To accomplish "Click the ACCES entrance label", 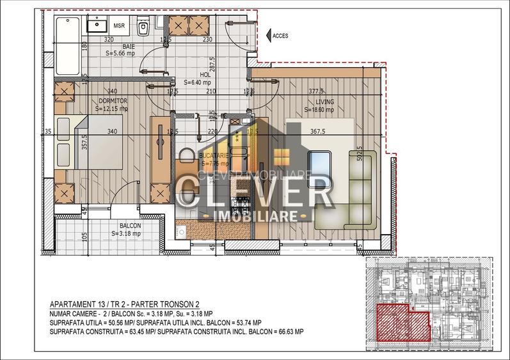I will [x=281, y=36].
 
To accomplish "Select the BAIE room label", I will [x=129, y=47].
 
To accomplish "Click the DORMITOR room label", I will [x=110, y=101].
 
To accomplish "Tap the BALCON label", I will [x=130, y=226].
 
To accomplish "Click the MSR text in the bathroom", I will [x=118, y=26].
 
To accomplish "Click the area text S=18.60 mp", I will [x=319, y=109].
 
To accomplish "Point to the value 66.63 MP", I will [x=290, y=332].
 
